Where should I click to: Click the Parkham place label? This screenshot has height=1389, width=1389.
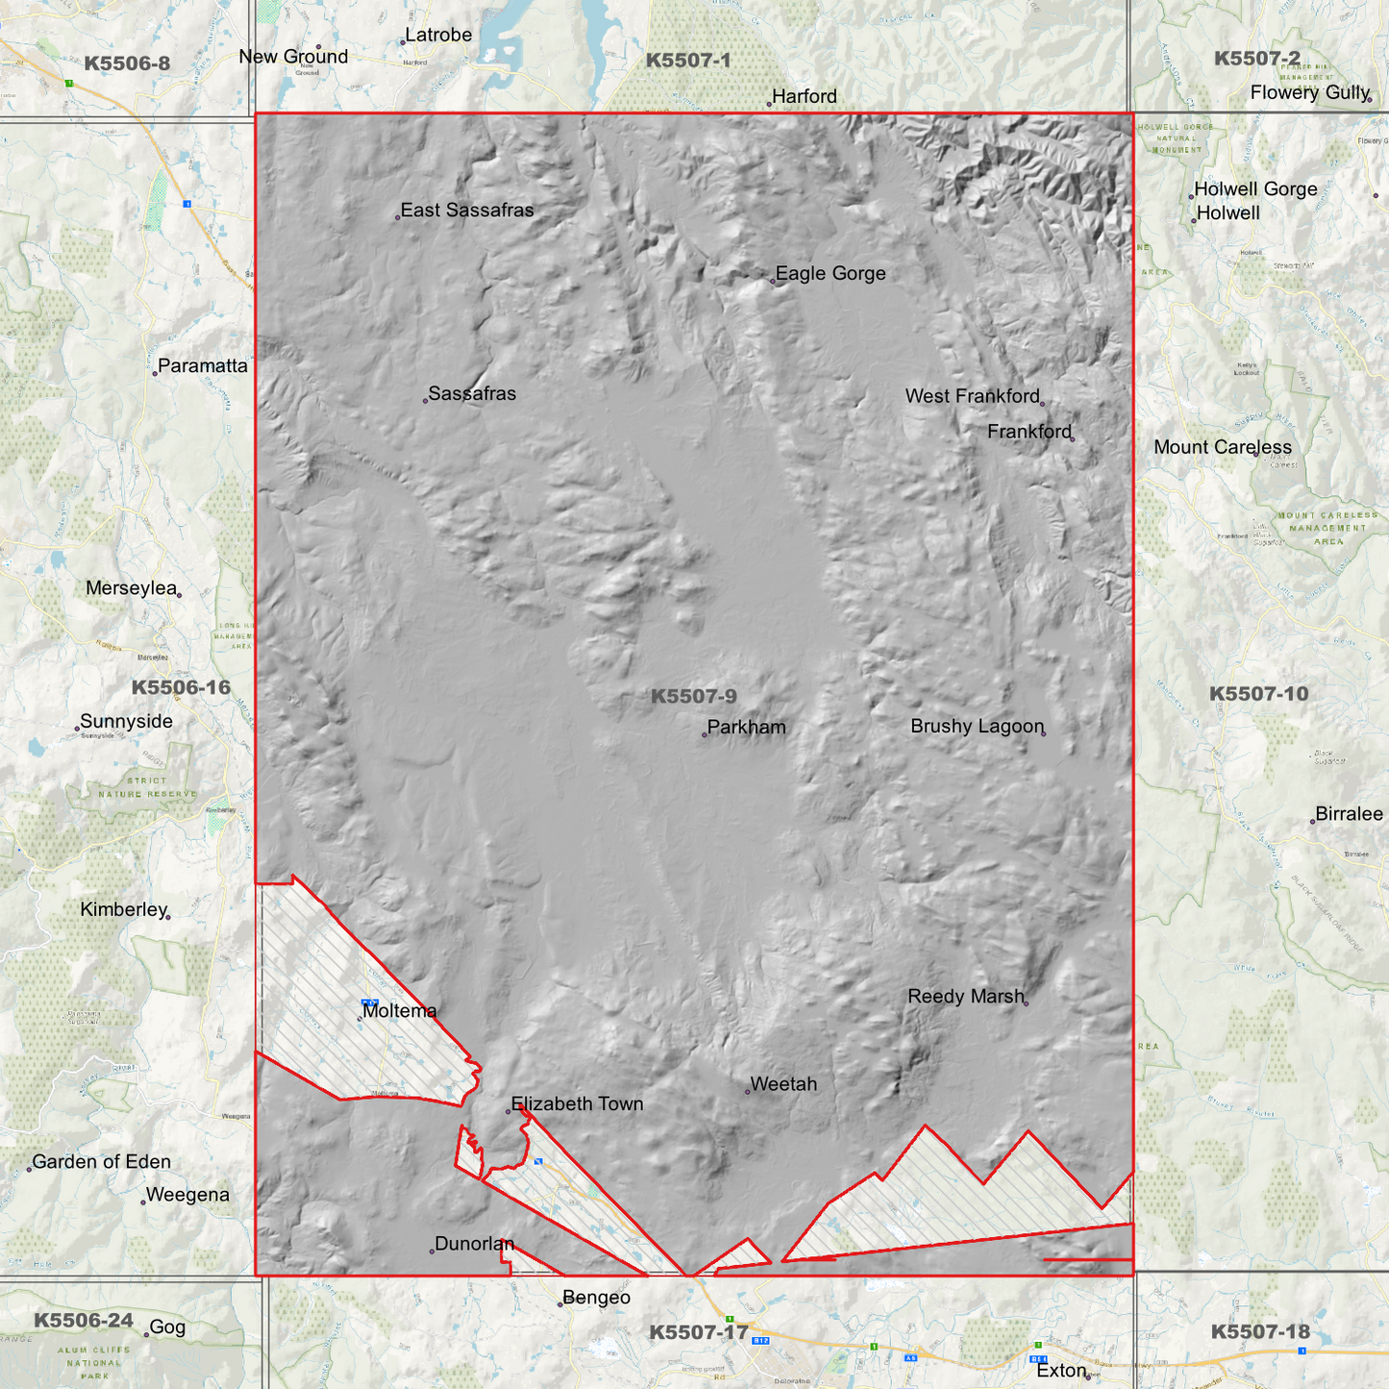click(746, 728)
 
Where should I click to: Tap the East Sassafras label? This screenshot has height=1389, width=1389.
click(466, 211)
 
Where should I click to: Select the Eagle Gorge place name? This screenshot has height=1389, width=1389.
click(831, 274)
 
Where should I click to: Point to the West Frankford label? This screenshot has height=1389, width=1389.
click(972, 396)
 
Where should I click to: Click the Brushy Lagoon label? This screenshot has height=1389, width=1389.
click(977, 727)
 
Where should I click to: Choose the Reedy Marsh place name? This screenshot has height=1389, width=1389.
click(966, 997)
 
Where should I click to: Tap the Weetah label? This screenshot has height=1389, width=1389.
click(783, 1084)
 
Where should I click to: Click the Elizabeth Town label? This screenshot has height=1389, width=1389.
click(577, 1104)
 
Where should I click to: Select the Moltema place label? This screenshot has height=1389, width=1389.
click(400, 1011)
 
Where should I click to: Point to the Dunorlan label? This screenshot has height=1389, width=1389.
click(474, 1244)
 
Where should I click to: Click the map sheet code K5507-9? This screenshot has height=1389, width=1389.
click(694, 697)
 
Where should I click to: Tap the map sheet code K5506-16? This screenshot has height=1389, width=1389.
click(181, 687)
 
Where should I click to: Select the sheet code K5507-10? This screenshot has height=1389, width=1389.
click(1258, 694)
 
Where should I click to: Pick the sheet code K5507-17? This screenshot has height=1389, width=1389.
click(698, 1332)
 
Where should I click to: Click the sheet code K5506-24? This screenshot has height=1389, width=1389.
click(84, 1321)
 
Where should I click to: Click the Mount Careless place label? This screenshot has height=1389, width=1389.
click(1223, 447)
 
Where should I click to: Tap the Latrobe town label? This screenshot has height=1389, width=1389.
click(438, 36)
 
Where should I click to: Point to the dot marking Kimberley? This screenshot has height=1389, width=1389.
click(168, 917)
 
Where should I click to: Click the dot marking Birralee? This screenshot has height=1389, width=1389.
click(1312, 822)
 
